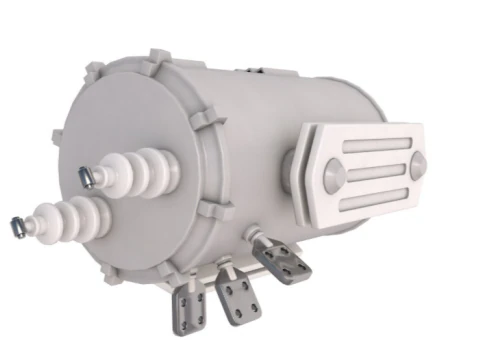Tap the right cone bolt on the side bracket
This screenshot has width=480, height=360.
[x=417, y=162]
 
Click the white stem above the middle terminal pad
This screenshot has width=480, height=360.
[x=226, y=268]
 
